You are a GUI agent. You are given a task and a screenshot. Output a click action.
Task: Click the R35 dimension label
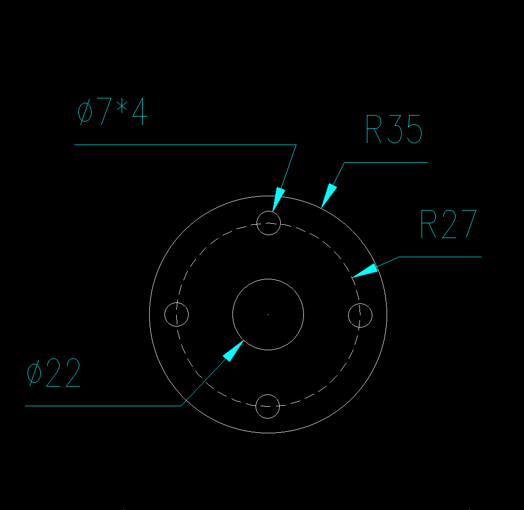(x=394, y=129)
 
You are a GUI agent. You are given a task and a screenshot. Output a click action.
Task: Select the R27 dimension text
(x=448, y=224)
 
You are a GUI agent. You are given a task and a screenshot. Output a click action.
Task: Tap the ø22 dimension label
(x=54, y=373)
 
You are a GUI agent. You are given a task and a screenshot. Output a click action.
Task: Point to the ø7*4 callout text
(x=112, y=112)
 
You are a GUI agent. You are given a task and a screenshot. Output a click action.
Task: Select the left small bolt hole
(x=165, y=314)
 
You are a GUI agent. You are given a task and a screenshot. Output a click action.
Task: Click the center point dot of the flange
(x=268, y=314)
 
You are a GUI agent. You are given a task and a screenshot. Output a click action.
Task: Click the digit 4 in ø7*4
(x=140, y=112)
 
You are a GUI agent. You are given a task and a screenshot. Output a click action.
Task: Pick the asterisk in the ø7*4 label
(x=122, y=106)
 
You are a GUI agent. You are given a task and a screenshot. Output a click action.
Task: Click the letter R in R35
(x=374, y=129)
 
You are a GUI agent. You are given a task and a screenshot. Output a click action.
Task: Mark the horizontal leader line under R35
(x=386, y=163)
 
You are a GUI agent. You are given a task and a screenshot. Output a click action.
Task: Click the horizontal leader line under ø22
(x=103, y=406)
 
